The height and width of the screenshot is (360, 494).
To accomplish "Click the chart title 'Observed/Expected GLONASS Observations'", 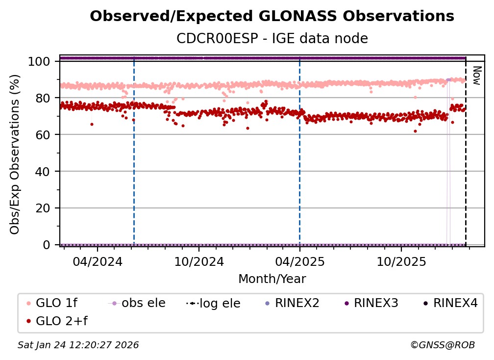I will click(x=272, y=16).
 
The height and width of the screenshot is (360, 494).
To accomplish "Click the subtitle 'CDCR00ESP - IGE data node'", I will click(x=272, y=38).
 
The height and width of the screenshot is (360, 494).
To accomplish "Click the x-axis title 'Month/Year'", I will click(x=272, y=279).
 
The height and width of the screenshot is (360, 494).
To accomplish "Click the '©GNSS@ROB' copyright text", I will click(x=442, y=345).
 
